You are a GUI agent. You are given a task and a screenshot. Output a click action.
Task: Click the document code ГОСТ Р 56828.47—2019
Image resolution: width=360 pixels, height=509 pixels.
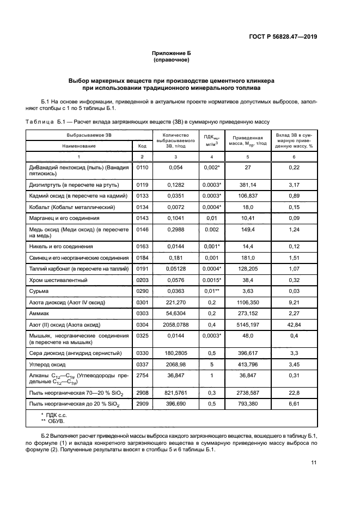[282, 37]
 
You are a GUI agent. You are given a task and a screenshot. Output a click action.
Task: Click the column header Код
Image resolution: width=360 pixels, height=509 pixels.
[142, 146]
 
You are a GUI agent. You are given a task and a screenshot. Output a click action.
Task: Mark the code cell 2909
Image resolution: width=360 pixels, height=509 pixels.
[142, 403]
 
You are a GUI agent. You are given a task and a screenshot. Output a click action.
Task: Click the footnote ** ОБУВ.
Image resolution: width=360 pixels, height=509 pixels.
[54, 421]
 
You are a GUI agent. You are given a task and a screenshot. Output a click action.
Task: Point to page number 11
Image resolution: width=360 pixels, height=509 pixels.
[313, 463]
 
